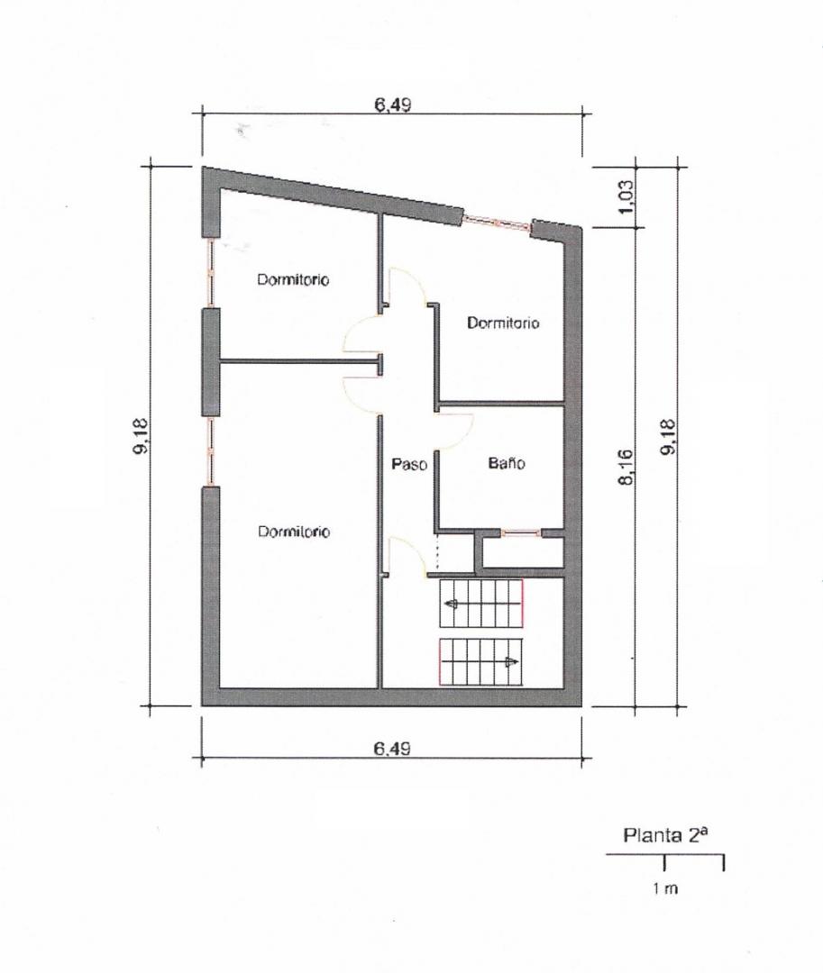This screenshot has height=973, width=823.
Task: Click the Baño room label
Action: [507, 463]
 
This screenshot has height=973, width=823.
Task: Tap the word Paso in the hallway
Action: [409, 464]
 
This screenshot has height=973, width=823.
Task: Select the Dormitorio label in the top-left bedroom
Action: [293, 279]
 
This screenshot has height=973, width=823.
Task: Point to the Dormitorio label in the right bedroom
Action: [503, 323]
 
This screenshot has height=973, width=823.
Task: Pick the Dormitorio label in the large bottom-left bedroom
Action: [294, 532]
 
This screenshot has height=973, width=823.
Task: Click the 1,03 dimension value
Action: [626, 196]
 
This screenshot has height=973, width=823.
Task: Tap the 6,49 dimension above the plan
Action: [392, 105]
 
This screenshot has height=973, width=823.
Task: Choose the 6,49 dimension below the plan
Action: [391, 749]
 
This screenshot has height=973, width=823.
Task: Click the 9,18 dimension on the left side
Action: [141, 436]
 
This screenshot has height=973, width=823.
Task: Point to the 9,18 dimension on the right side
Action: [667, 436]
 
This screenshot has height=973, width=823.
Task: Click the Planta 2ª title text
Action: [664, 835]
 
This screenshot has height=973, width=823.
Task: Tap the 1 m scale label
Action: [664, 888]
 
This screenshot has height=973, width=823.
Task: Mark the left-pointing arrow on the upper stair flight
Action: [452, 603]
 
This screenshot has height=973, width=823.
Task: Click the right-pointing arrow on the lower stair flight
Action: [510, 662]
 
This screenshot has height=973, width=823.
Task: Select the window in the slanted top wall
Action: [498, 223]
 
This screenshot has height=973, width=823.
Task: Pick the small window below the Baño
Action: [521, 532]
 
